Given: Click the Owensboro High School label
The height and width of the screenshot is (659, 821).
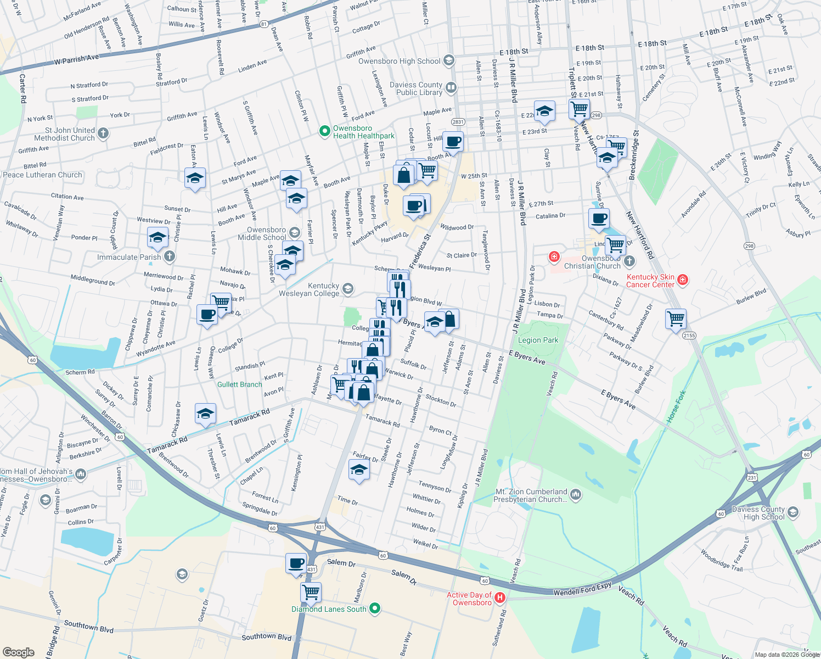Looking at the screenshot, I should coord(399,61).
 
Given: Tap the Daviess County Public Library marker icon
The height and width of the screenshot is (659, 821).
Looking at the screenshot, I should coord(451,87).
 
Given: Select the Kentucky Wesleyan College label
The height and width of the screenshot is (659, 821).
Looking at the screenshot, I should coord(309,289).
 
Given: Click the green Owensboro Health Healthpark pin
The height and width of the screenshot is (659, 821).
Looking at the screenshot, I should coord(324,131).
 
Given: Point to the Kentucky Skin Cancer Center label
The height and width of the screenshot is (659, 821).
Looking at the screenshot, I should coord(650,281).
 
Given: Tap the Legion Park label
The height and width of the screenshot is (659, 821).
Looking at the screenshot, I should coord(538,340).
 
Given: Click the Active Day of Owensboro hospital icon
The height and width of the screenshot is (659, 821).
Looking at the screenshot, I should coord(500,597).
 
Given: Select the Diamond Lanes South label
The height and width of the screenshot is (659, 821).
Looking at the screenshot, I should coord(329,609).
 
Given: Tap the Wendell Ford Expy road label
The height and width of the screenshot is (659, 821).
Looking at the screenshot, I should coord(582,589).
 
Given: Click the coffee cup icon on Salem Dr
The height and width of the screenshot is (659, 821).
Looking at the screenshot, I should coord(296,563).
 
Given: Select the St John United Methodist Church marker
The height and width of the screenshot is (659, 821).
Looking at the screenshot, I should coord(103,133).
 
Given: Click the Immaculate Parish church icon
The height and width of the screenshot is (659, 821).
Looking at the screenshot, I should coord(170,256).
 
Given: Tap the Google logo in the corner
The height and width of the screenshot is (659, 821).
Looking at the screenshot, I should coord(18,652).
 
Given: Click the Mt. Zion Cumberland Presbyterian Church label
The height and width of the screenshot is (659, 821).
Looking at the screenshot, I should coord(530,495).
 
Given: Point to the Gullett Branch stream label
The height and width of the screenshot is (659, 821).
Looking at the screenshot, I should coord(240,384).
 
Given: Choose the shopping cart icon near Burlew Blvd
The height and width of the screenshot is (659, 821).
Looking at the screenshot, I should coord(676,319).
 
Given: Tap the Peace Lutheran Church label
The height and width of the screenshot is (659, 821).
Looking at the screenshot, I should coord(42,175).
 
